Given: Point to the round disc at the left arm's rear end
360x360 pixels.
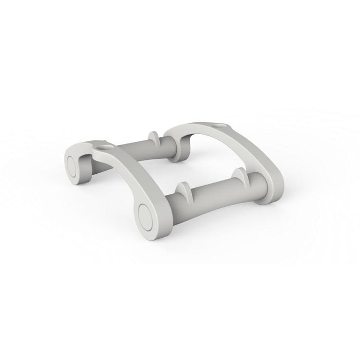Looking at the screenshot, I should (73, 166).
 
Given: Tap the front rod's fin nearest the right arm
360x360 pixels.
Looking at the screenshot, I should (238, 176).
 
